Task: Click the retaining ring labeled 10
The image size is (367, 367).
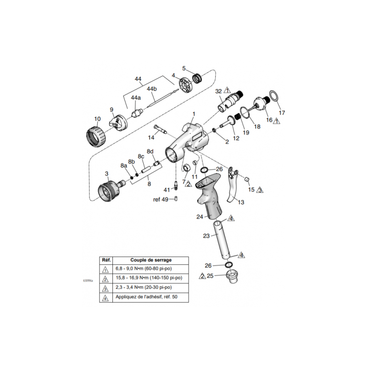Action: point(96,135)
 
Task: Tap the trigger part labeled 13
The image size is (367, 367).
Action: point(234,188)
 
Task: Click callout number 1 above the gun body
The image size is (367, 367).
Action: point(194,114)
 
